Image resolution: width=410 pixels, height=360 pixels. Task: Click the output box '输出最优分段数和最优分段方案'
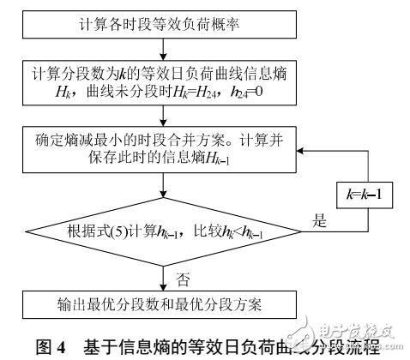coord(164,306)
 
